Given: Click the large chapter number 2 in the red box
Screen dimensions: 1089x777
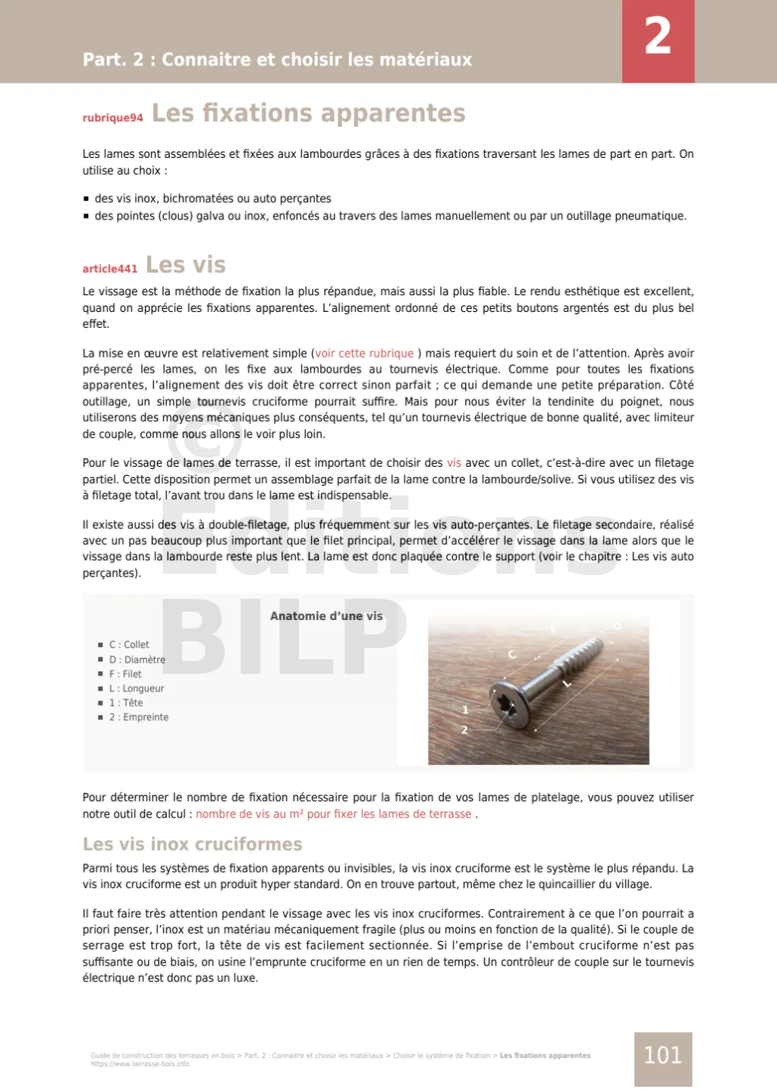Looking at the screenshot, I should (x=658, y=36).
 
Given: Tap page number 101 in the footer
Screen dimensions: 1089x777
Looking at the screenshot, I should (x=662, y=1056).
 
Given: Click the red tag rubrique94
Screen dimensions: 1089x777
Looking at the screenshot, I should (x=112, y=118).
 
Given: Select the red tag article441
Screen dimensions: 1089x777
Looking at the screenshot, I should (x=110, y=269).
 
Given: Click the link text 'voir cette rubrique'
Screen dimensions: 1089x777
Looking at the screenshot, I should (x=364, y=354).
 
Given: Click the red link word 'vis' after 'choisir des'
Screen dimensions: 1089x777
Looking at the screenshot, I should (x=454, y=463).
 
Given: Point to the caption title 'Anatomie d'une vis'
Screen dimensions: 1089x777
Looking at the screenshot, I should (x=326, y=616).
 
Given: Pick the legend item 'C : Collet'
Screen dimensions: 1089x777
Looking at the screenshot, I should (x=129, y=645).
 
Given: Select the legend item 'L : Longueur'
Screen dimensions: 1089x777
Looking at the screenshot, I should (x=137, y=688).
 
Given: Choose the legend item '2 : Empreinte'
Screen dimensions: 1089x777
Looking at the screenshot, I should (x=139, y=717).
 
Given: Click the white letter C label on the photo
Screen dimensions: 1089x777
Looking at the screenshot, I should (x=512, y=654).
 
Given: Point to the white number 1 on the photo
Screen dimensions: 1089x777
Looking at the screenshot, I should (x=465, y=710).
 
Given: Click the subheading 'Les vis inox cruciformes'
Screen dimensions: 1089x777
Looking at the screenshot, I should (x=192, y=845).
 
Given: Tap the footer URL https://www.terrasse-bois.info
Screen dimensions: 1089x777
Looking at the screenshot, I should (x=140, y=1064).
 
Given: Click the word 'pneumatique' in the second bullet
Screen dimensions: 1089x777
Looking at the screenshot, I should (x=650, y=216).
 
